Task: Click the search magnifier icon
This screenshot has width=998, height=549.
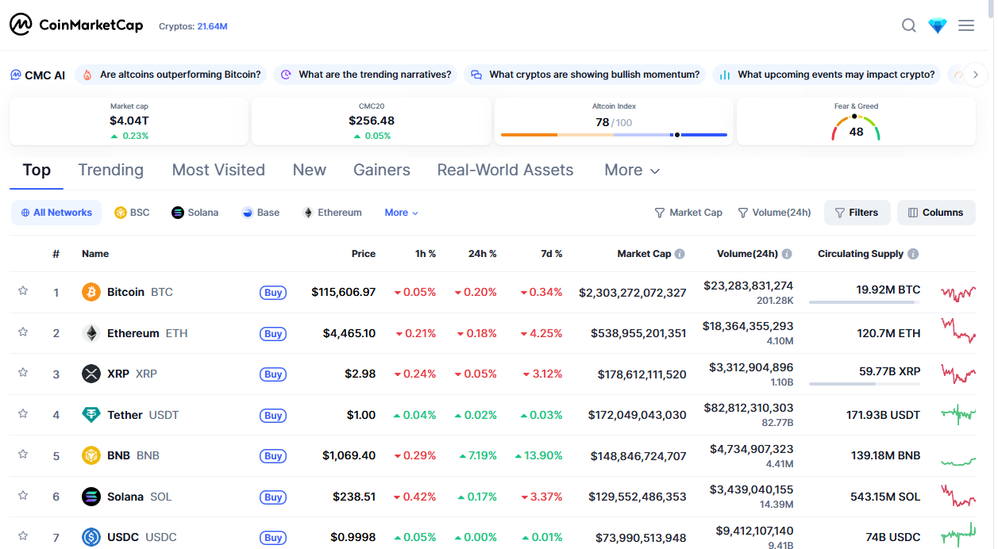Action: pos(908,26)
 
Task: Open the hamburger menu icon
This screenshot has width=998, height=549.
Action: pos(966,25)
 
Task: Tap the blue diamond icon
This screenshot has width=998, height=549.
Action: pos(938,26)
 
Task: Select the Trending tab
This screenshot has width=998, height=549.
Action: pos(111,170)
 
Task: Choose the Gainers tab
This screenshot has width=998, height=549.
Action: pos(381,170)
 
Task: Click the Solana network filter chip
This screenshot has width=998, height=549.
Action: pos(195,213)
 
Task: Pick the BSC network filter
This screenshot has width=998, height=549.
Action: pos(132,213)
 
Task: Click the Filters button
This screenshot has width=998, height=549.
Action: pos(857,213)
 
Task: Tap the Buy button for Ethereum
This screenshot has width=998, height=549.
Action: pos(273,333)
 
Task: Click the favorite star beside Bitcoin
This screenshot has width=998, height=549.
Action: pos(23,291)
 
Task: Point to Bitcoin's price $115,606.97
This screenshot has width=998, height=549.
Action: pos(343,292)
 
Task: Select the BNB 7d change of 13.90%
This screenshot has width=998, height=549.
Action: pos(538,455)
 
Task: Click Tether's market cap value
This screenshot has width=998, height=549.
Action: pos(637,415)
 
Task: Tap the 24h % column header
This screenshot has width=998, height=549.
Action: pos(482,254)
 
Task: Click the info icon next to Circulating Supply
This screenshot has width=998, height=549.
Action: pos(913,254)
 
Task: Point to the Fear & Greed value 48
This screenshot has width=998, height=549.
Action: pos(856,132)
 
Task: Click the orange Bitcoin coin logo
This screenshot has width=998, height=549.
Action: pos(91,292)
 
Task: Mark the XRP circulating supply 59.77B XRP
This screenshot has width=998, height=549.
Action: pos(889,371)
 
